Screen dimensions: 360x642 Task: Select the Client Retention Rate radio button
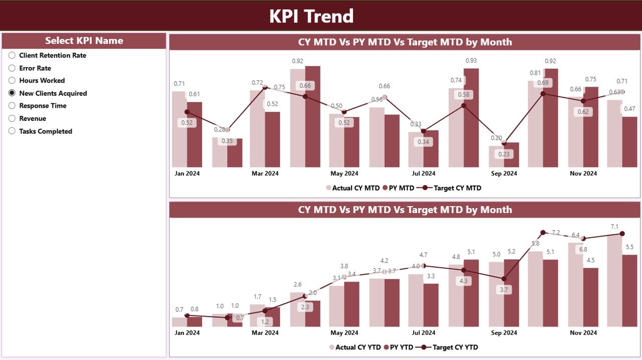coord(12,55)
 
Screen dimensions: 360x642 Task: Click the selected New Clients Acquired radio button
coord(12,93)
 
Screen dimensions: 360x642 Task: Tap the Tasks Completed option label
coord(46,131)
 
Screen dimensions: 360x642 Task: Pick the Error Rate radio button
coord(12,68)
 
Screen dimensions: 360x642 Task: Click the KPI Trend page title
coord(311,16)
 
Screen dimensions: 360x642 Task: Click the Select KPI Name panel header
coord(84,41)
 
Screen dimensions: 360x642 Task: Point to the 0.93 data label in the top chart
coord(471,61)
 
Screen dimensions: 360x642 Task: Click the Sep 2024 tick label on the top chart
coord(504,173)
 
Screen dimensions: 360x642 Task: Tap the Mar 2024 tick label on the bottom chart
coord(265,333)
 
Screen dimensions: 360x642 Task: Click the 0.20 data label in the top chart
coord(496,138)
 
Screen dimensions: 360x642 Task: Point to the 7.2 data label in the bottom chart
coord(556,233)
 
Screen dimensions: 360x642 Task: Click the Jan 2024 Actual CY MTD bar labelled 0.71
coord(179,129)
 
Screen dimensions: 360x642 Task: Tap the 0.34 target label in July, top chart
coord(424,142)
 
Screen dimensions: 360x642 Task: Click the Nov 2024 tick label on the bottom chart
coord(583,333)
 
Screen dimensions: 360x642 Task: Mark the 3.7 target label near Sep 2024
coord(504,290)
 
